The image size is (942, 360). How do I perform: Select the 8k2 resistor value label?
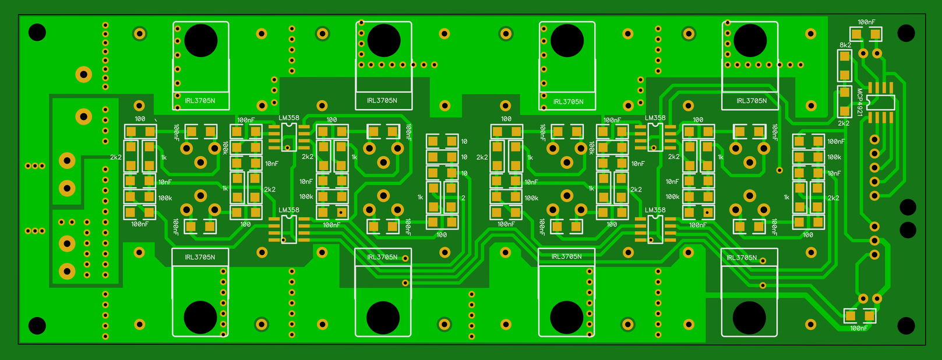[845, 45]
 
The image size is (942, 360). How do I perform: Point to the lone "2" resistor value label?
[463, 197]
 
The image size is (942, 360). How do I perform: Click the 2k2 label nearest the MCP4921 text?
[844, 123]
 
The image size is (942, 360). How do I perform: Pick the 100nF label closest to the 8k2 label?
[866, 22]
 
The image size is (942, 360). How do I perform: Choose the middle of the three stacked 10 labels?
[464, 157]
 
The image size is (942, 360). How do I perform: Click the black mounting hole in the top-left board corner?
[37, 33]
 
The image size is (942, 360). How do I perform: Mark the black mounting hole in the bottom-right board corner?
[906, 326]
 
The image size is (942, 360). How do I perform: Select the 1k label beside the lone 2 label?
[421, 197]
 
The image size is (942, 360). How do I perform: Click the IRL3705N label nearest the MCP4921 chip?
[752, 101]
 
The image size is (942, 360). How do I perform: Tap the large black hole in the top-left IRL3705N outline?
[200, 40]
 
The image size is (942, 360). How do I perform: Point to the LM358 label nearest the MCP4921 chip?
[655, 118]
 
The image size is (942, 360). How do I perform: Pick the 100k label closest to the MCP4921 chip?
[834, 157]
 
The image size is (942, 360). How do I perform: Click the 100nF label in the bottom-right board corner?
[859, 328]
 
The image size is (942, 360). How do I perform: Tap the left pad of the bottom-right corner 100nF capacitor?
[850, 315]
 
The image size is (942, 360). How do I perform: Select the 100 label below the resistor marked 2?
[442, 235]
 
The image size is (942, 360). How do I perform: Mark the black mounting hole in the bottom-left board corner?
[37, 326]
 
